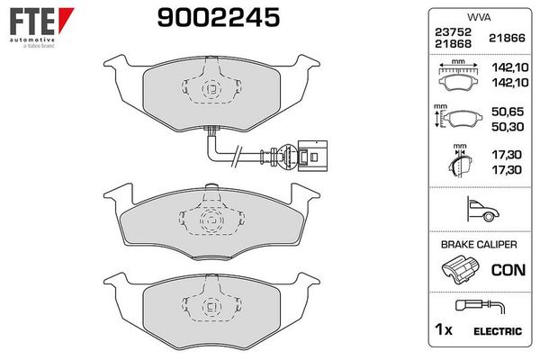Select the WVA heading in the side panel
click(x=478, y=16)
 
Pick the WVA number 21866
click(x=503, y=38)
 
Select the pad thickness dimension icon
click(x=458, y=163)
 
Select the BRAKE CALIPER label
click(x=478, y=244)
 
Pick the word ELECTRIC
click(x=497, y=332)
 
